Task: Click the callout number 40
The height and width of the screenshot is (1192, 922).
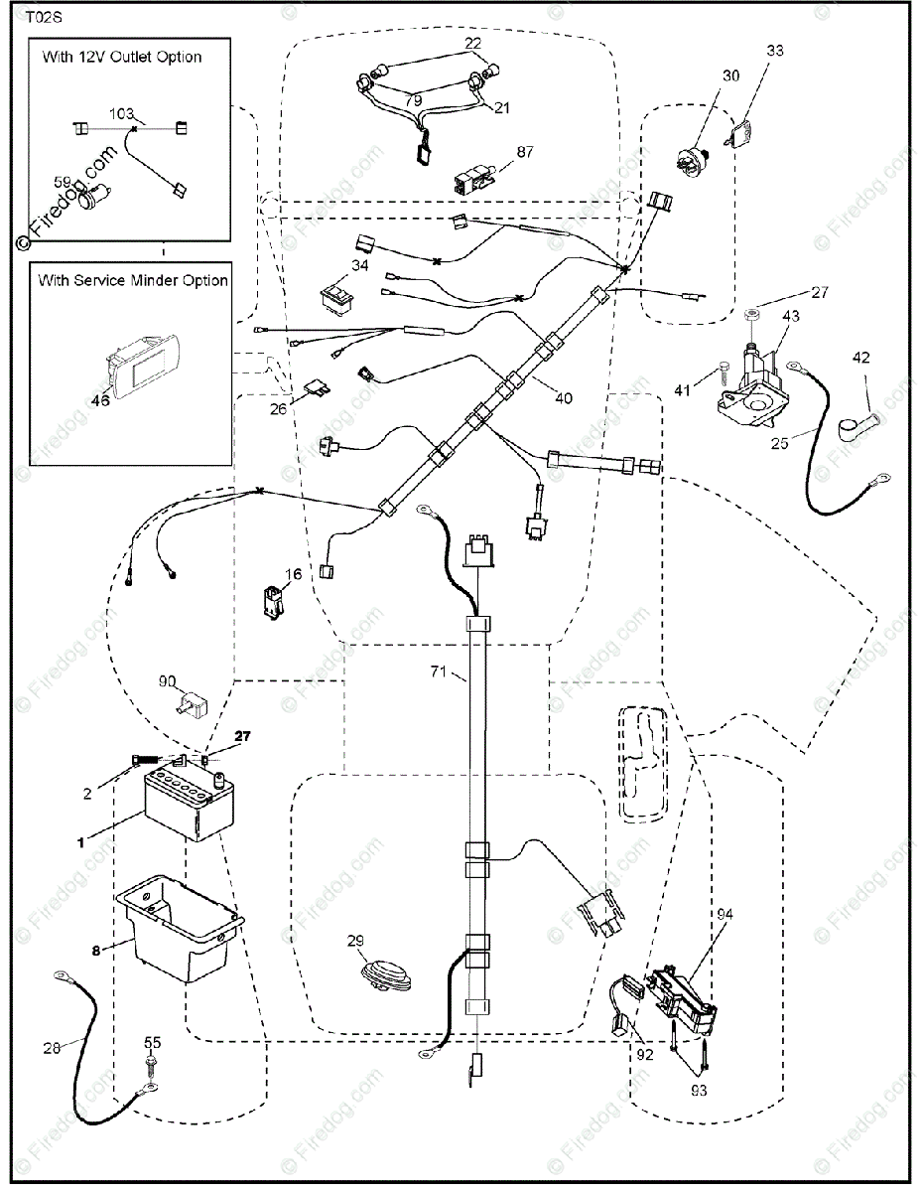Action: [x=563, y=398]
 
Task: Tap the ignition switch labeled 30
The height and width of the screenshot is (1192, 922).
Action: [x=691, y=158]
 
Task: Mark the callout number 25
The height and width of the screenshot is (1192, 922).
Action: [x=778, y=443]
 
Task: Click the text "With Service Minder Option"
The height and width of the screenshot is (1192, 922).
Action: [x=133, y=280]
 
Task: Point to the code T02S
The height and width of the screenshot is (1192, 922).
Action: [x=43, y=17]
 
